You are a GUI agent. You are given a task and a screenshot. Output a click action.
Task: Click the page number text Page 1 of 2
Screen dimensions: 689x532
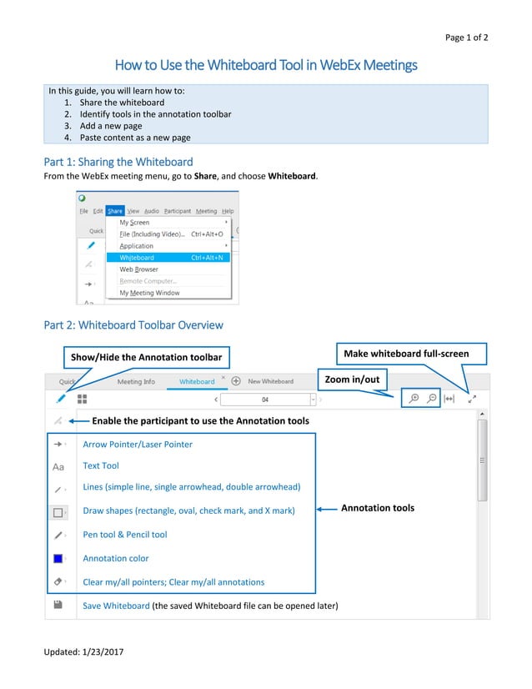[x=466, y=38]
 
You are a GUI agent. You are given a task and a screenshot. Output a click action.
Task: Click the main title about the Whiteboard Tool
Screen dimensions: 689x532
[x=265, y=65]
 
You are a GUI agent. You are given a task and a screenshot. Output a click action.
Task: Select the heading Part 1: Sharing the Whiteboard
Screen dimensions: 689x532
[x=118, y=162]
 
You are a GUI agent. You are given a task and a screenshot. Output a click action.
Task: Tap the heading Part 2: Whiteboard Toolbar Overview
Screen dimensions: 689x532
[x=133, y=324]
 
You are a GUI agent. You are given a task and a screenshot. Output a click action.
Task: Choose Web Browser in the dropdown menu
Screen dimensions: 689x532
[x=138, y=269]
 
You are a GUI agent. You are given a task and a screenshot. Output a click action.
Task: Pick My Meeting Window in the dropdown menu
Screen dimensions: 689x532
[x=149, y=293]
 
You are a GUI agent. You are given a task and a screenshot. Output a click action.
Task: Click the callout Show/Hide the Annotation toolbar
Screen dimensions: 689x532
[x=146, y=357]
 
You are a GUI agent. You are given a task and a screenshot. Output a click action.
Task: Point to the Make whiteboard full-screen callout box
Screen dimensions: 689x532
[x=406, y=354]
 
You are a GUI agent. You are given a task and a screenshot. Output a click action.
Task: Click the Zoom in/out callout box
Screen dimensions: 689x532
[x=351, y=380]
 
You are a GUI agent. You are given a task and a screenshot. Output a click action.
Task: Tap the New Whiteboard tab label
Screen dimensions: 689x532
[x=270, y=381]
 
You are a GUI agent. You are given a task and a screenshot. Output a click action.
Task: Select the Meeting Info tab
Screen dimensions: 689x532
[x=136, y=381]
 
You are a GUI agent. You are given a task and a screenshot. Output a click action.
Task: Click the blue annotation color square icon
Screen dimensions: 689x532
[x=58, y=558]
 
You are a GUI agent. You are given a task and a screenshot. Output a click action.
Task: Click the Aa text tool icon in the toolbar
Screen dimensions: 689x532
[x=58, y=467]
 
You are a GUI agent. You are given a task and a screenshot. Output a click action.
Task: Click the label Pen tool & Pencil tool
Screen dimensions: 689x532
[x=125, y=535]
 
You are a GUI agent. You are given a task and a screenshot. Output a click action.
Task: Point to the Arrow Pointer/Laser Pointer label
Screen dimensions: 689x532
[x=138, y=445]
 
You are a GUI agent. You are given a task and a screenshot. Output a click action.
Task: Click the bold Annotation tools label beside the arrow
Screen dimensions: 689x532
[x=378, y=508]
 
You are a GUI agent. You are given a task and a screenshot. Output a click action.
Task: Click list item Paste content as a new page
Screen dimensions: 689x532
[x=135, y=137]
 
